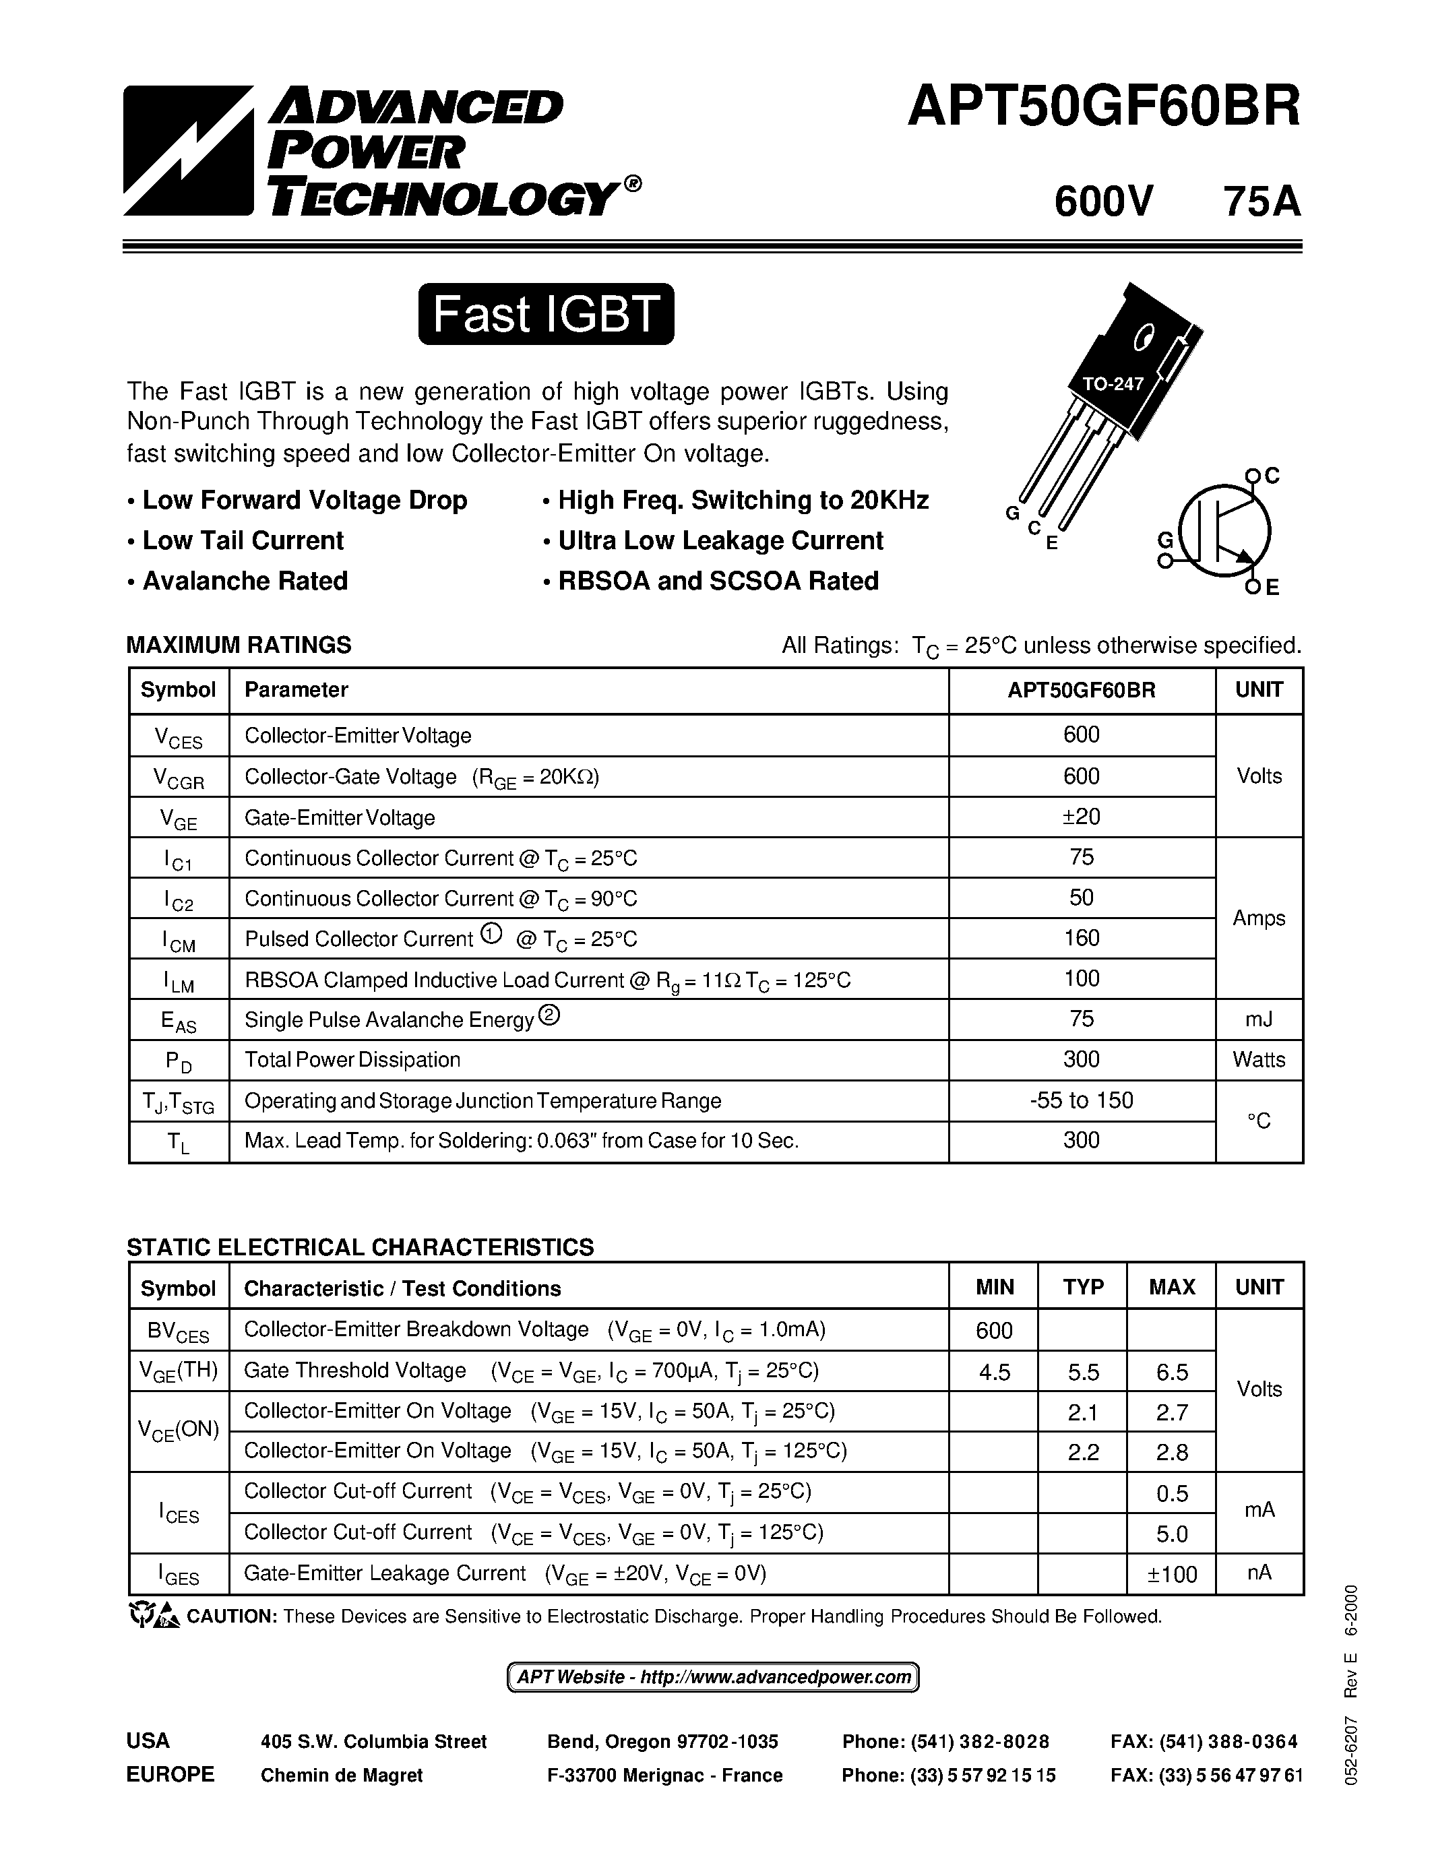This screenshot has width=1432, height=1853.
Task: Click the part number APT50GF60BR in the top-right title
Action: coord(1104,108)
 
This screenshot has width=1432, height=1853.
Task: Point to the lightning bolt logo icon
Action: coord(188,150)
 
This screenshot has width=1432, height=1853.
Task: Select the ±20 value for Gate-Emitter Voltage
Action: coord(1081,816)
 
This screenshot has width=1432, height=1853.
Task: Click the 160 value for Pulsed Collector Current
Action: coord(1081,937)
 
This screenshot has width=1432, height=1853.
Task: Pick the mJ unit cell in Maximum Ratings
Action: coord(1258,1018)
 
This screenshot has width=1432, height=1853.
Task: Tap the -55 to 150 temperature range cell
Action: coord(1081,1100)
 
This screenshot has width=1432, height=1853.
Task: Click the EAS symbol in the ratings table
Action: coord(178,1021)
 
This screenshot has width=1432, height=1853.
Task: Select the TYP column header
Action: coord(1082,1287)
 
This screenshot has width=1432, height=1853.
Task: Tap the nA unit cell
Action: coord(1258,1573)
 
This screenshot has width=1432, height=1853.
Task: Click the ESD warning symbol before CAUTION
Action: coord(154,1615)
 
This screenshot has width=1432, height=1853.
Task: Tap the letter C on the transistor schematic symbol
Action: coord(1271,476)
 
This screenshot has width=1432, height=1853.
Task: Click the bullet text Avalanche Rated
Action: coord(245,582)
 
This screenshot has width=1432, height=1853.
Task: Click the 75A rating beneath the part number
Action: coord(1261,202)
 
